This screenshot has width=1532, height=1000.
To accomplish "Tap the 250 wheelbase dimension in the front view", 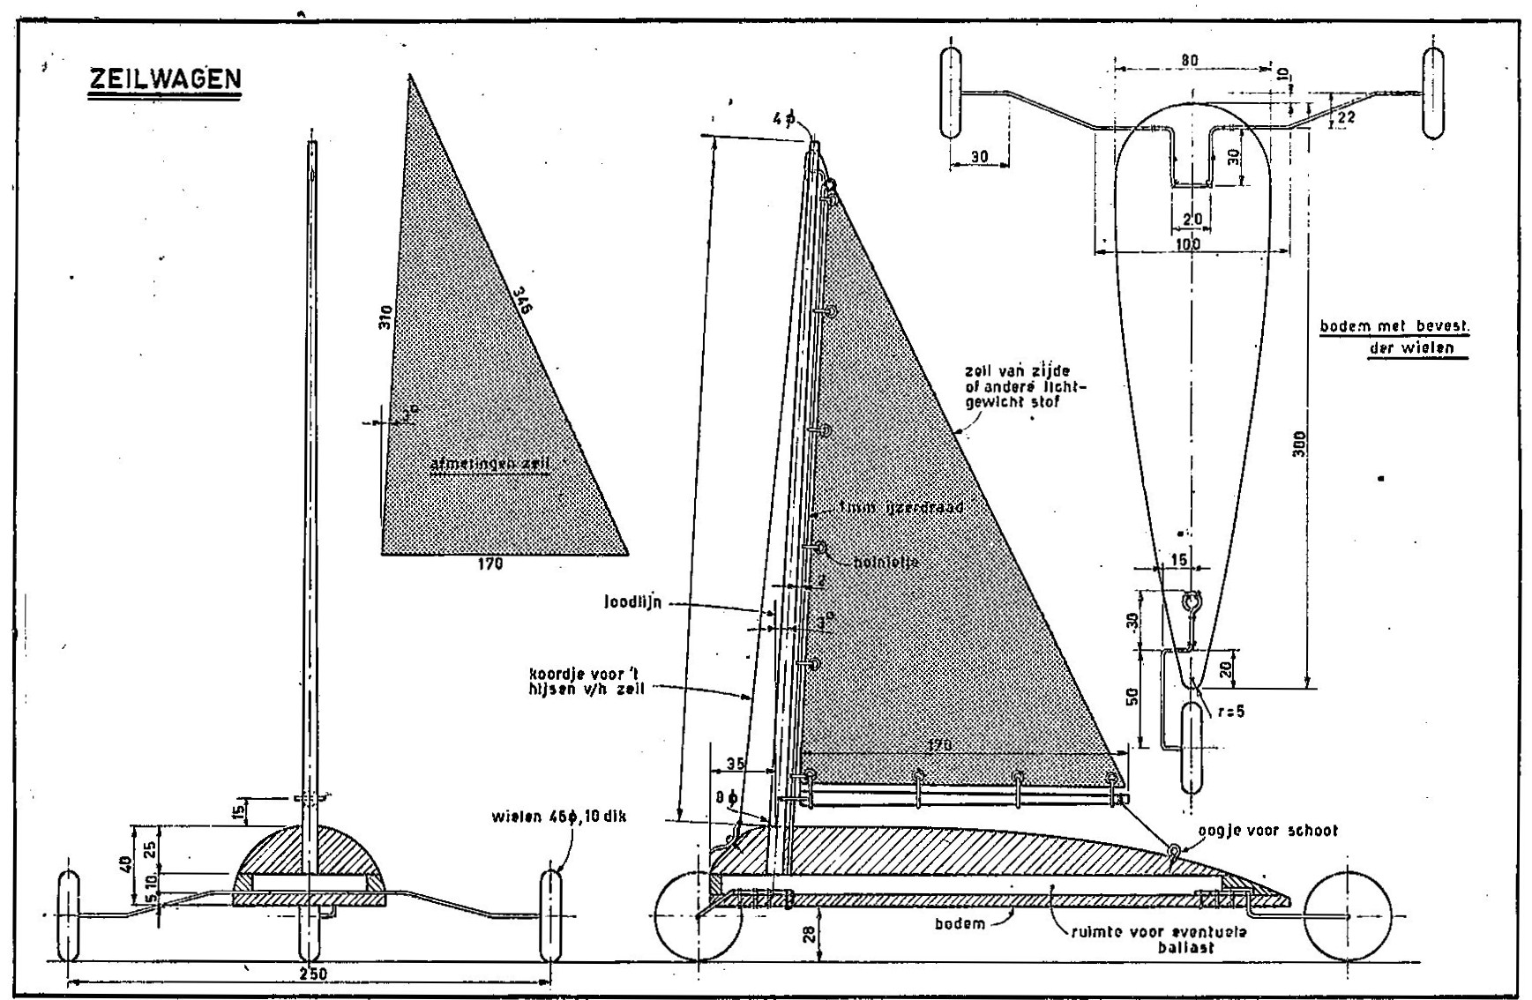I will coord(308,974).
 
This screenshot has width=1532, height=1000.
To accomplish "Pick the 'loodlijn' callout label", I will coord(632,604).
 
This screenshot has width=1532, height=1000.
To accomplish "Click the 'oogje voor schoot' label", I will coord(1267,831).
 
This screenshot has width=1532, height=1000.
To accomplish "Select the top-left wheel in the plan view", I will coord(953,93).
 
